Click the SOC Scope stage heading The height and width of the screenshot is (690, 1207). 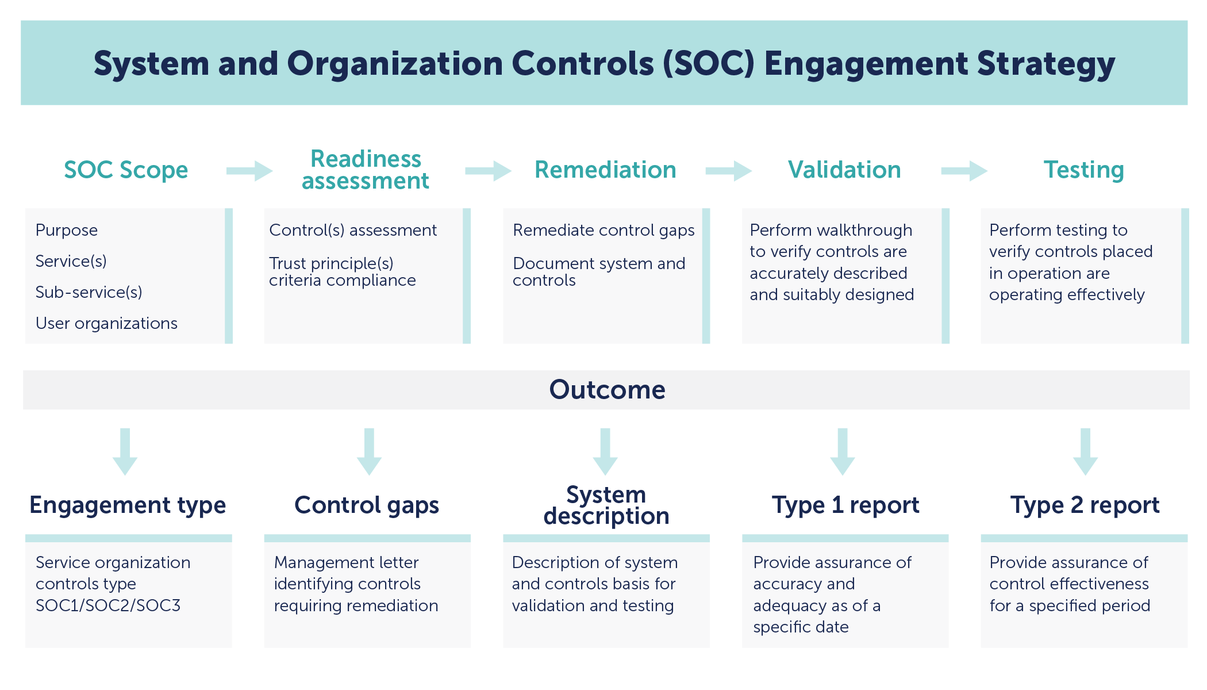[126, 170]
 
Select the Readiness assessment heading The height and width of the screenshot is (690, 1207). [366, 170]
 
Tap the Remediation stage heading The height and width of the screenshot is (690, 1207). [605, 170]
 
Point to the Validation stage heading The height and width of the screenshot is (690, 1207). [844, 170]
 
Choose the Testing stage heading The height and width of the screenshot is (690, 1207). [1083, 170]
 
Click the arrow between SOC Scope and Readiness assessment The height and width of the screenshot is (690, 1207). [249, 171]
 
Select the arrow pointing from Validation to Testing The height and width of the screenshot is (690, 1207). [964, 171]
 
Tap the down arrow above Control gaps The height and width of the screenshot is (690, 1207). [369, 451]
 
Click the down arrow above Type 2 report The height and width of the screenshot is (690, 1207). [1085, 451]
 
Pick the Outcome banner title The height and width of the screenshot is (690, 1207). [607, 390]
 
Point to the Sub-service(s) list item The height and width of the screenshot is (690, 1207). [89, 292]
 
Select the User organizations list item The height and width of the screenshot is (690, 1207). [106, 323]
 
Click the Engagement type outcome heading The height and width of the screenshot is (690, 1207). [128, 505]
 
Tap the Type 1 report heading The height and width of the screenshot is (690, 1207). [845, 505]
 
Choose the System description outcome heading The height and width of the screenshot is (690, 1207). [606, 505]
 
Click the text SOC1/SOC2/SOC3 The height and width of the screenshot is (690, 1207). [108, 605]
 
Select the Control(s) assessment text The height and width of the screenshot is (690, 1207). [353, 230]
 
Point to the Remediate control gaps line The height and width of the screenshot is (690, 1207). [603, 230]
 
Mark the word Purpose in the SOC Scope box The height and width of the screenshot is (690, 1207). [67, 230]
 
